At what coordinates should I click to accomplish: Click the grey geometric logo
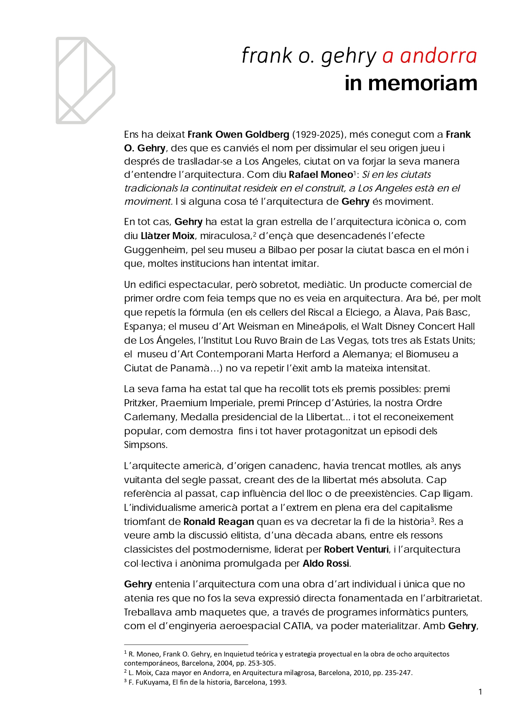point(85,80)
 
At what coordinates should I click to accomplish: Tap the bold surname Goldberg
point(267,134)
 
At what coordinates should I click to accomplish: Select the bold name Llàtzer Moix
point(167,236)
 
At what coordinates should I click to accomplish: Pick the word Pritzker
point(140,403)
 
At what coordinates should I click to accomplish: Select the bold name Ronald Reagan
point(219,522)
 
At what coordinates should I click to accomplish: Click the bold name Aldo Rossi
point(326,563)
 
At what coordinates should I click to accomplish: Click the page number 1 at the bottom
point(480,692)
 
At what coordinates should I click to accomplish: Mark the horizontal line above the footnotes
point(186,645)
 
